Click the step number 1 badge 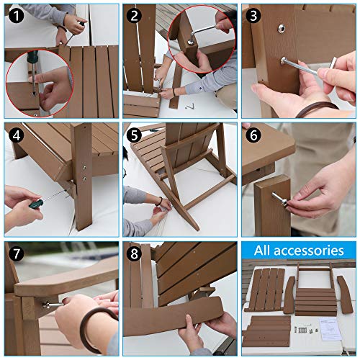click(x=15, y=14)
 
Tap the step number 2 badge click(x=134, y=14)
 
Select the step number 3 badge click(x=253, y=14)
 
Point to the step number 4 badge click(x=15, y=134)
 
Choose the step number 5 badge click(x=134, y=134)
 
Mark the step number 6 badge click(x=253, y=134)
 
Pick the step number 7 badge click(x=15, y=253)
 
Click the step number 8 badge click(x=134, y=253)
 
